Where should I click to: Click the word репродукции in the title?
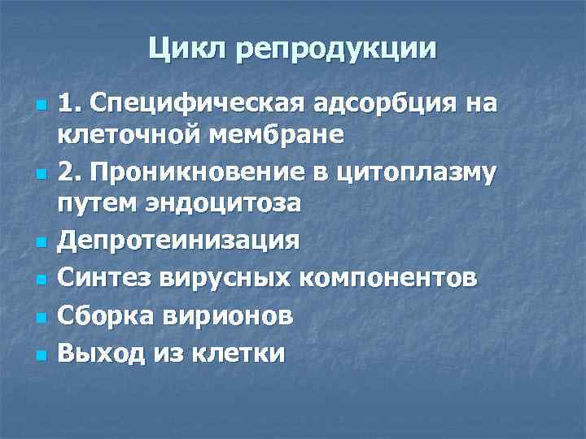click(335, 50)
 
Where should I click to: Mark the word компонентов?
click(391, 278)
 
